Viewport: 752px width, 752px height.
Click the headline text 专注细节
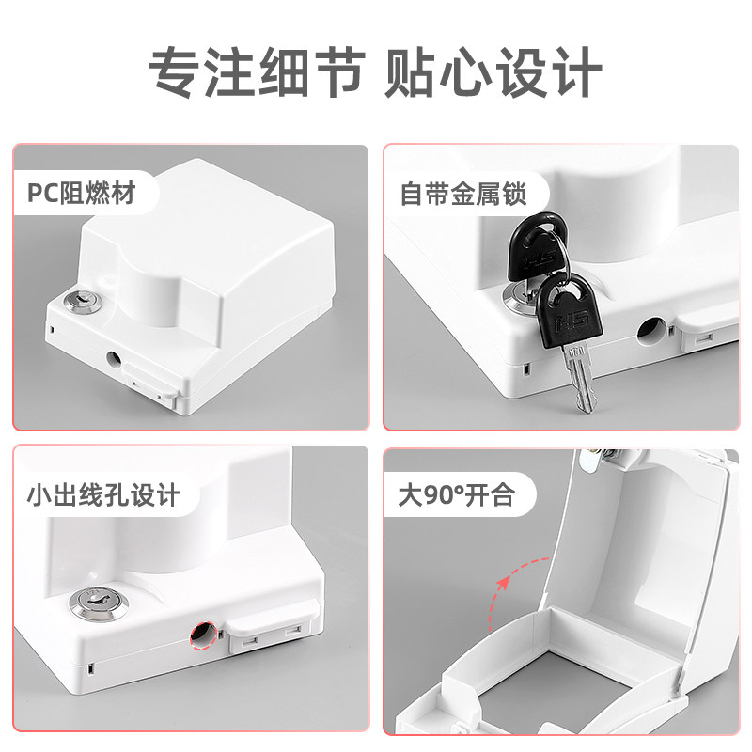click(255, 69)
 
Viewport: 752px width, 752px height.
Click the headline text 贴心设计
click(493, 69)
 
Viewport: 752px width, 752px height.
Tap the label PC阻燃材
click(81, 195)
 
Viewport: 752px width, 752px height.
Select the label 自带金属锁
click(462, 195)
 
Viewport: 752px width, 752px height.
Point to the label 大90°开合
click(456, 494)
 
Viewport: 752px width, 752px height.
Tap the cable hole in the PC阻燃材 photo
click(114, 358)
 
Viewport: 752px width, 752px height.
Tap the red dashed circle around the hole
click(201, 634)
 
